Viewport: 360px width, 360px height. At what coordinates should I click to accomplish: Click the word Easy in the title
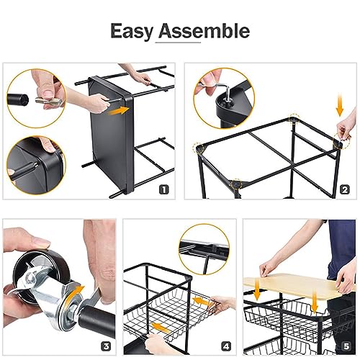132,32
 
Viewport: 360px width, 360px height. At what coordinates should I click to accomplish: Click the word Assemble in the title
204,31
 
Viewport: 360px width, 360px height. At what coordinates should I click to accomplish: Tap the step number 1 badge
164,189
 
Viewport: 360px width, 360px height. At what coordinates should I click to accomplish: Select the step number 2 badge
345,189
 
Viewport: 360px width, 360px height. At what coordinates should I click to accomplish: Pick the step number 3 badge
106,346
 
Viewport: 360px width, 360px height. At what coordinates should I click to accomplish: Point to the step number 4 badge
226,346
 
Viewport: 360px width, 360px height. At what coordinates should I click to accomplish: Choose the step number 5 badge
346,346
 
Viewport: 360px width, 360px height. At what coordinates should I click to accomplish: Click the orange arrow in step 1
119,111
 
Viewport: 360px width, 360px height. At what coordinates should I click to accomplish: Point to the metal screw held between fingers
48,101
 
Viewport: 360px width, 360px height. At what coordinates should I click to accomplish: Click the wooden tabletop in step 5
299,285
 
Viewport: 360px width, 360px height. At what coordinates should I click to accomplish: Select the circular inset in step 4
204,250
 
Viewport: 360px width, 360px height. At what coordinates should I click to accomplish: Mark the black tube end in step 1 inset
17,99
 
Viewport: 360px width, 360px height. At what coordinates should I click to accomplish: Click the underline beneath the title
178,42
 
